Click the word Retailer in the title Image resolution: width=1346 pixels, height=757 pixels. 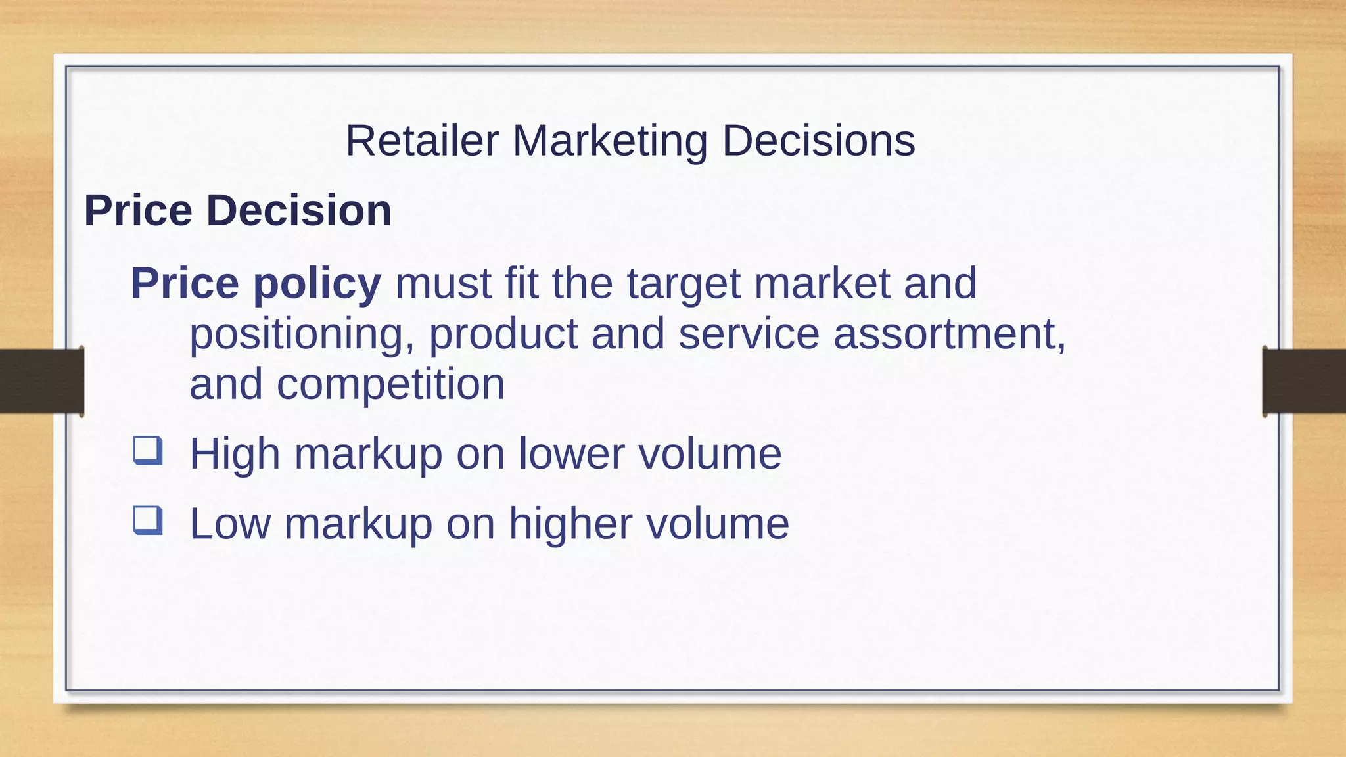422,141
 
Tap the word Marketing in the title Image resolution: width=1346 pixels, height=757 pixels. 609,141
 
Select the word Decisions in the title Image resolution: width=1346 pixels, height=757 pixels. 818,141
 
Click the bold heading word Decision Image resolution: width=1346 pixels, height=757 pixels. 299,210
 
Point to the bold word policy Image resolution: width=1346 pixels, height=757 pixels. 317,284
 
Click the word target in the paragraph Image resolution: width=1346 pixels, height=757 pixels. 683,284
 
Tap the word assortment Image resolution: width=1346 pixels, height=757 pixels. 949,333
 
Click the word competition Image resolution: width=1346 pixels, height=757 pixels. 390,384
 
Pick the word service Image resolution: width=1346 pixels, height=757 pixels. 749,333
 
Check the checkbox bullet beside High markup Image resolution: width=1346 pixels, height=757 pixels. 147,451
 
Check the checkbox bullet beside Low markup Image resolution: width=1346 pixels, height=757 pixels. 147,520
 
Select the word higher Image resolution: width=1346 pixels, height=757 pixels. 570,524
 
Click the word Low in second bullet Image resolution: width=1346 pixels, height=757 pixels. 230,524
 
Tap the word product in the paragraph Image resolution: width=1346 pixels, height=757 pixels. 503,334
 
